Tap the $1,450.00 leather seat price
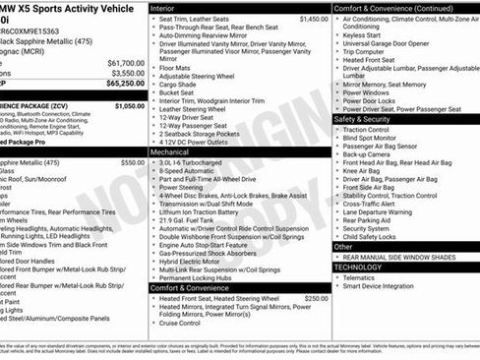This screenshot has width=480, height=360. (x=314, y=19)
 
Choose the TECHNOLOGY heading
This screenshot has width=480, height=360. (x=358, y=267)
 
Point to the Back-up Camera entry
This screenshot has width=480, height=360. (x=370, y=153)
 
